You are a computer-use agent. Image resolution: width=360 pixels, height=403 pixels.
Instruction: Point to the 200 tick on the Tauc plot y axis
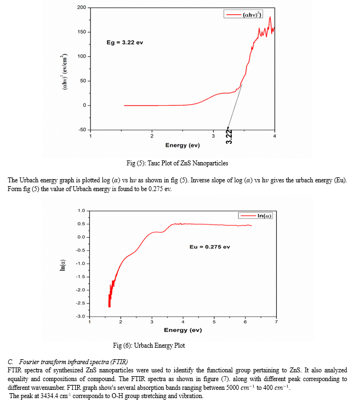click(82, 8)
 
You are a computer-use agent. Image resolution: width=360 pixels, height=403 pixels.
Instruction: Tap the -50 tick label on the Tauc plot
click(82, 130)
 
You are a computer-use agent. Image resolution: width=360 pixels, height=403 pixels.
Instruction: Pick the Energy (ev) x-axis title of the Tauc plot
click(183, 145)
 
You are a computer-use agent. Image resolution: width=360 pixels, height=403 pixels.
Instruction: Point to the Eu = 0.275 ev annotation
click(210, 246)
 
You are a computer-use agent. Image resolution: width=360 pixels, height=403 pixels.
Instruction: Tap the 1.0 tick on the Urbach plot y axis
click(81, 210)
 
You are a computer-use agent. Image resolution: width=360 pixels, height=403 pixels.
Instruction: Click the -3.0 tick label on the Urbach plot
click(80, 316)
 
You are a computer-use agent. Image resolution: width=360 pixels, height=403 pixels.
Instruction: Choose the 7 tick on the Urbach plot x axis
click(277, 322)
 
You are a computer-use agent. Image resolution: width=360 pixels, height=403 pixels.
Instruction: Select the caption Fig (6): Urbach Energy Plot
click(148, 346)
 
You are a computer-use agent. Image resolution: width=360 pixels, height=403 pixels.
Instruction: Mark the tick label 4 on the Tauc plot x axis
click(275, 135)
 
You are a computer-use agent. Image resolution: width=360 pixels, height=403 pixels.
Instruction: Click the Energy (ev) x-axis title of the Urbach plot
click(183, 330)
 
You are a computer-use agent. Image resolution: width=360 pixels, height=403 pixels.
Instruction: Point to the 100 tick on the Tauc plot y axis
click(82, 56)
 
